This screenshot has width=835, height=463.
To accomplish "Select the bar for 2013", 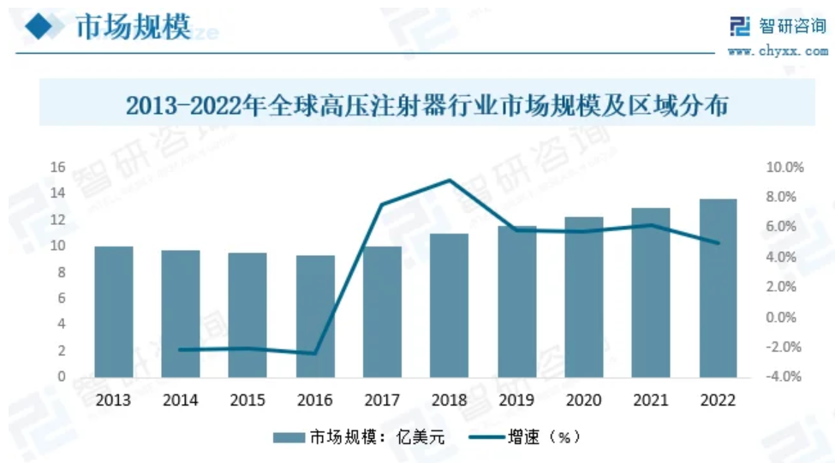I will pos(114,312).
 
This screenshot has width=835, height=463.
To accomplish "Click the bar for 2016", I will pos(315,316).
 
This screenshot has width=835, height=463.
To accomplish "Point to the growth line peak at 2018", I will pos(450,181).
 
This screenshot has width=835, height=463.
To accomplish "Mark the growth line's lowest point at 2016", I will pos(315,353).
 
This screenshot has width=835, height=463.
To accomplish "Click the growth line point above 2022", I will pos(718,242).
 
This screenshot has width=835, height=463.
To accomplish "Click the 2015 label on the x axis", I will pos(248,400).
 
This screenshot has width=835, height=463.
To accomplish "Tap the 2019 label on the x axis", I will pos(516,400).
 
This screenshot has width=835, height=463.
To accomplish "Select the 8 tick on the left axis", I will pos(61,272).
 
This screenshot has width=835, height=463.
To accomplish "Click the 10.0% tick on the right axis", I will pos(784,168).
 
